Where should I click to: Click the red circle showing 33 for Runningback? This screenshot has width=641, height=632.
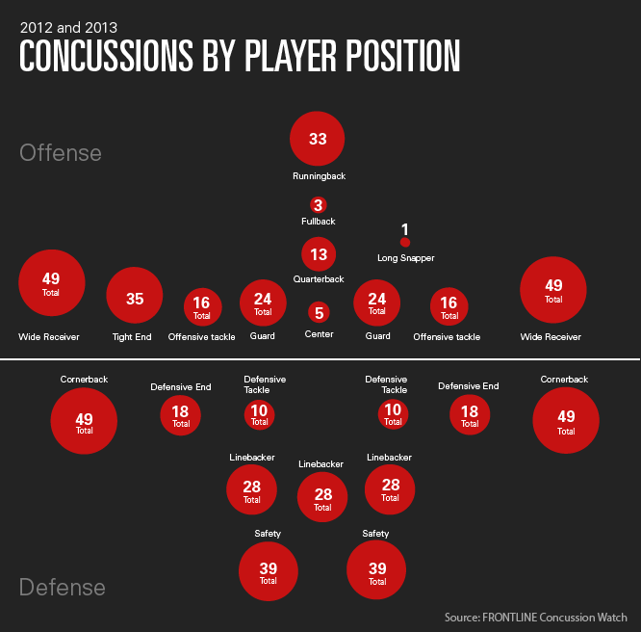318,139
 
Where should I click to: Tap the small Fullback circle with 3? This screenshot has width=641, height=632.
319,204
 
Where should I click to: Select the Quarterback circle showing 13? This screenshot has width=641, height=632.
319,254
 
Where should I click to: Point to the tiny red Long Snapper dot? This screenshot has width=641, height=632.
405,243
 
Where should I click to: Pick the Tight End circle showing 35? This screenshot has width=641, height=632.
135,299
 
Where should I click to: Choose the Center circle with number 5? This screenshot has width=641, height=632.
319,312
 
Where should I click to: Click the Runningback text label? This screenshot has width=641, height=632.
319,176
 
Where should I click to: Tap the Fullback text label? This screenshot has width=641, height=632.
319,222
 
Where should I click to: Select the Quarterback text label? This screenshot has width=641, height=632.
319,279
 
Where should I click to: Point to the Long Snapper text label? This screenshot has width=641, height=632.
405,258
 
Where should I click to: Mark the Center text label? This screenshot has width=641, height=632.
319,336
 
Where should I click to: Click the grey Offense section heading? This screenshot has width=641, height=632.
60,153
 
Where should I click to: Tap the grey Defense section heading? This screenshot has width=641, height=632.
63,587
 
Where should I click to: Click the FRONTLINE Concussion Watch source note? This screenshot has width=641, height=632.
535,617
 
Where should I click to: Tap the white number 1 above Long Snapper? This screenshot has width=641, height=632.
405,229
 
